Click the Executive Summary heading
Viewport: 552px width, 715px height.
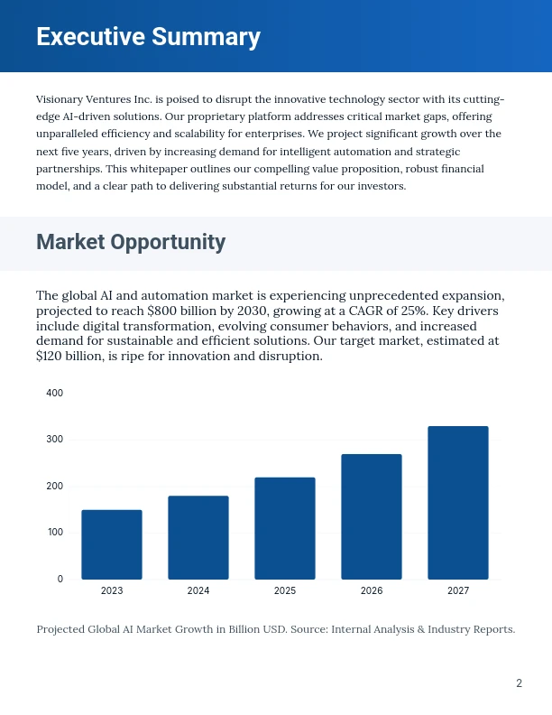point(148,37)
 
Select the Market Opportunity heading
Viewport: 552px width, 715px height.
point(131,242)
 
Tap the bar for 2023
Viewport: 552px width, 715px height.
point(112,544)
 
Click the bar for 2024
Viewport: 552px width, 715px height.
point(198,537)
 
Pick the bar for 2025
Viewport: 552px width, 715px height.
point(285,528)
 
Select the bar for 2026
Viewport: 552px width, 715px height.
point(372,516)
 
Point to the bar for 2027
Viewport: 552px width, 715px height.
point(458,502)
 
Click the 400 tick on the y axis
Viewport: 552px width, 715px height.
point(54,394)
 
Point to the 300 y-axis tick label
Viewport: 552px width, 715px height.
point(54,440)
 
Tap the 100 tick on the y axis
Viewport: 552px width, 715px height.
point(54,533)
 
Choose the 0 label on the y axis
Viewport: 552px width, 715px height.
point(60,579)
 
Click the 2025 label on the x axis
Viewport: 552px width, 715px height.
point(285,590)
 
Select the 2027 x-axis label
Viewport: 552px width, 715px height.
point(458,590)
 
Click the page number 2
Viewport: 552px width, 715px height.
point(519,683)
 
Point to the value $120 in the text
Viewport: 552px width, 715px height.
point(53,357)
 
